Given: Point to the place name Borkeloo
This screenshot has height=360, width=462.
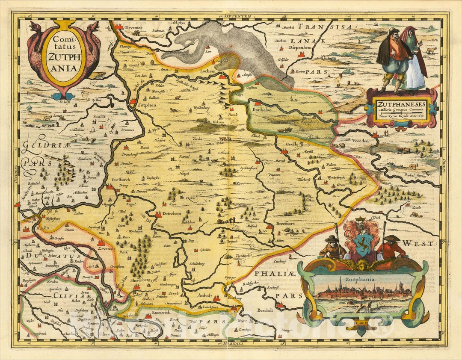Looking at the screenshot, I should [x=265, y=110].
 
